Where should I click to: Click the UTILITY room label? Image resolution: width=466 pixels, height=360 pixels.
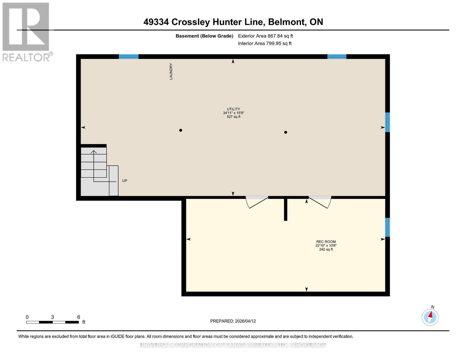[233, 109]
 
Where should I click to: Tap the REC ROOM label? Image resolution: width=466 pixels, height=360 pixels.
[326, 242]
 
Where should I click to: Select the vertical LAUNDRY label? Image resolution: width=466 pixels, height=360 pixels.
[171, 71]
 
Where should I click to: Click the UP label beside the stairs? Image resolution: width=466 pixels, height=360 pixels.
[125, 181]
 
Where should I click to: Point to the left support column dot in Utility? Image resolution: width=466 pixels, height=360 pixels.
[181, 130]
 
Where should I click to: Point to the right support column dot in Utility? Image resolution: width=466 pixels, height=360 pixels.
[286, 132]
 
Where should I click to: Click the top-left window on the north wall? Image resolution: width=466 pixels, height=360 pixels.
[128, 56]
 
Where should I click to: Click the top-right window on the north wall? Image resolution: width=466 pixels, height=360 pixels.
[337, 56]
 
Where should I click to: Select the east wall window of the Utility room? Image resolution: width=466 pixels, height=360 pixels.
[387, 122]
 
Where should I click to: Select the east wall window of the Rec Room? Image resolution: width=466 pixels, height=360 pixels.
[387, 227]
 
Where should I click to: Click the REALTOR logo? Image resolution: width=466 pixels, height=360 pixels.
[26, 32]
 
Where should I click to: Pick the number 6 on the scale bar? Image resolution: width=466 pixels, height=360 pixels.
[79, 317]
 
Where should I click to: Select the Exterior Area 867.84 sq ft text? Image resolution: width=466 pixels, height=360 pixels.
[265, 36]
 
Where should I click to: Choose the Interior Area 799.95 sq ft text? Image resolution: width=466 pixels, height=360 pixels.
[265, 43]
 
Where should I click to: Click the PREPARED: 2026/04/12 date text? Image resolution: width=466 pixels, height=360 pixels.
[233, 321]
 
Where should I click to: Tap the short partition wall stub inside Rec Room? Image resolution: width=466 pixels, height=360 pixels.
[286, 210]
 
